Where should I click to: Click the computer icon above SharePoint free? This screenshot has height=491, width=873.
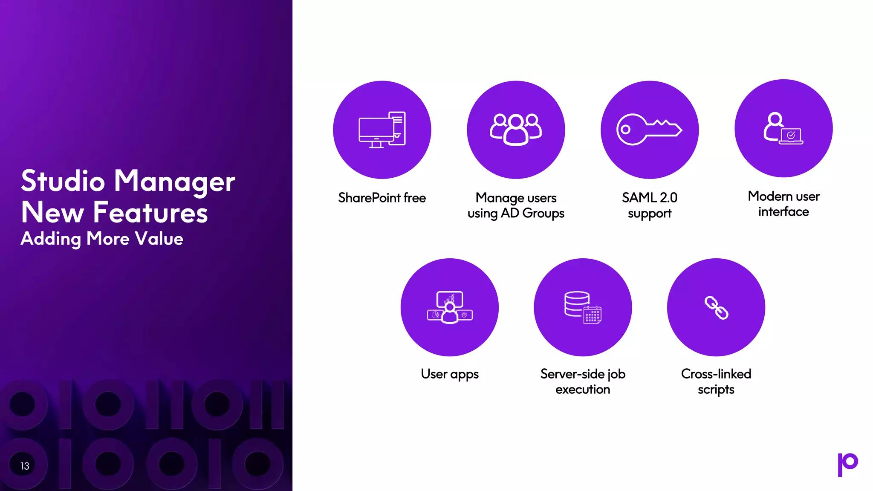(x=382, y=130)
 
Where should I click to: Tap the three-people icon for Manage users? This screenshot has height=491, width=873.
(x=516, y=129)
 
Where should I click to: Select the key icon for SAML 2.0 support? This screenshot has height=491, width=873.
(x=649, y=129)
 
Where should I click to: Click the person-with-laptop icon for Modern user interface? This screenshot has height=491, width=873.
(x=783, y=128)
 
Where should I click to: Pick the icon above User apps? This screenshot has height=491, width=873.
(x=450, y=307)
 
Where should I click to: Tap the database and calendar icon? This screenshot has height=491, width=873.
(x=583, y=307)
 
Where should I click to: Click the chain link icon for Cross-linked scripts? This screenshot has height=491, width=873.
(x=716, y=307)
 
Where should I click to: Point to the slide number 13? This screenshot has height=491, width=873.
(x=25, y=466)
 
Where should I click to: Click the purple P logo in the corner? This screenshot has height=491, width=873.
(x=847, y=464)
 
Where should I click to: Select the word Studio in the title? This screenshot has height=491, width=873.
(x=63, y=181)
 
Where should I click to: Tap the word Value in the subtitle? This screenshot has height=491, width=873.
(x=159, y=239)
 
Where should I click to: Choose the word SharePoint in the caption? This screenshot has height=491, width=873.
(x=369, y=198)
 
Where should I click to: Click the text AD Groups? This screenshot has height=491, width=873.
(x=532, y=213)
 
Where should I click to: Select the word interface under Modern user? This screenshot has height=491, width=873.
(x=783, y=212)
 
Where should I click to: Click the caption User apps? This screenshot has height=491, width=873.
(x=450, y=374)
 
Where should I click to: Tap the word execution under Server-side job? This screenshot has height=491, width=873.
(x=583, y=390)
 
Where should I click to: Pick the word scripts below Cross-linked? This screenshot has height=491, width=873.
(x=716, y=390)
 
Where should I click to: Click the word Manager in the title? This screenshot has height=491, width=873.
(x=174, y=181)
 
